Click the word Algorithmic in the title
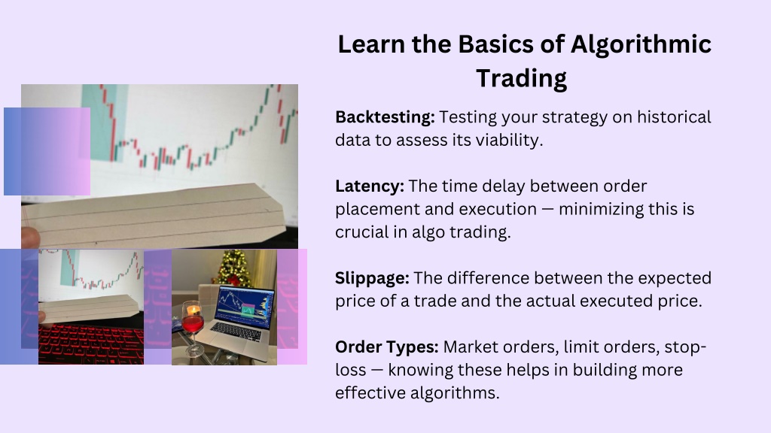point(641,45)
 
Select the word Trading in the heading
point(521,78)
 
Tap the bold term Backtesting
point(385,118)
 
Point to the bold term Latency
point(370,186)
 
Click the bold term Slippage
point(372,278)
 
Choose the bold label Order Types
point(387,347)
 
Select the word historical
point(674,117)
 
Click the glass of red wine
point(193,324)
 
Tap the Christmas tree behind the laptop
point(235,269)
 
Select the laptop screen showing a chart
point(245,307)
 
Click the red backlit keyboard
point(91,344)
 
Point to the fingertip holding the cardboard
point(30,238)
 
